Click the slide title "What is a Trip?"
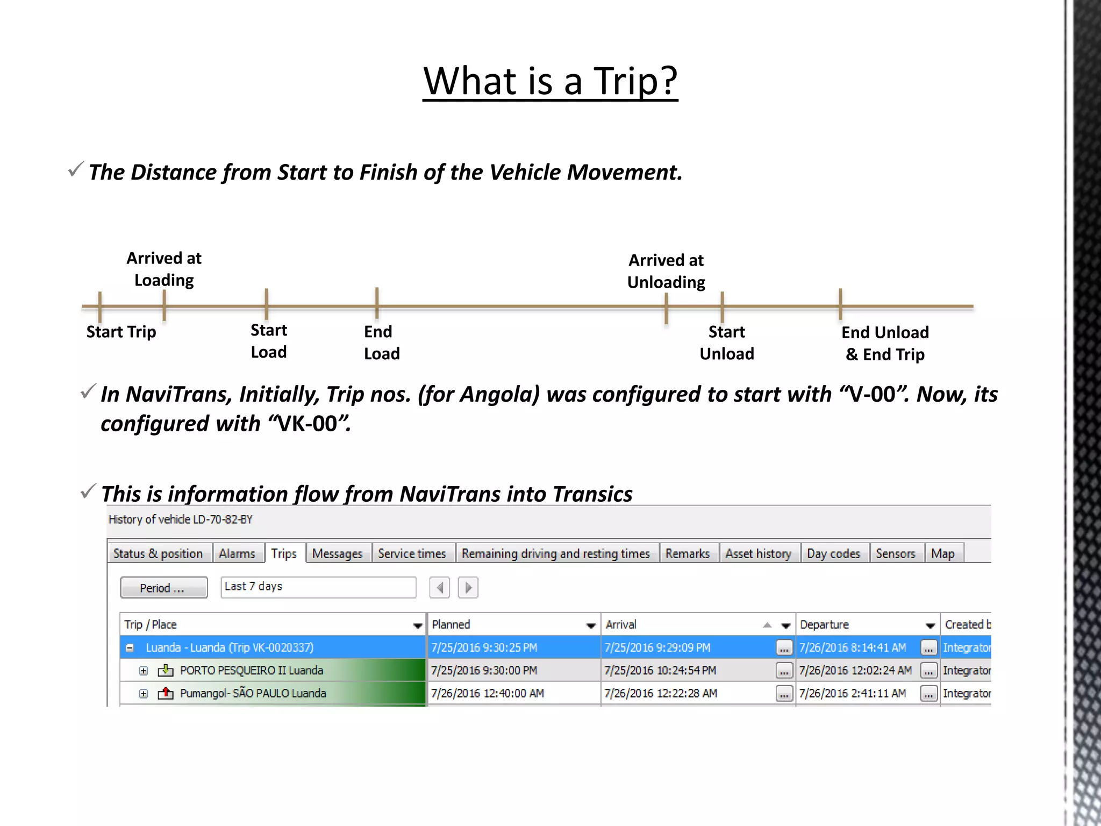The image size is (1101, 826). pyautogui.click(x=550, y=81)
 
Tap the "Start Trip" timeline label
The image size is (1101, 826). pyautogui.click(x=121, y=332)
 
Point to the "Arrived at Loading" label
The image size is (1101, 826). pyautogui.click(x=164, y=269)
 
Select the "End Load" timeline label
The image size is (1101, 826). pyautogui.click(x=382, y=343)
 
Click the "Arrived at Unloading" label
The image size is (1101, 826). pyautogui.click(x=666, y=271)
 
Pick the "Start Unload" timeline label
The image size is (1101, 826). pyautogui.click(x=727, y=343)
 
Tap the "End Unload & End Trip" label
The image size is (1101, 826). pyautogui.click(x=885, y=343)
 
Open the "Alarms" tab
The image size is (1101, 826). pyautogui.click(x=237, y=553)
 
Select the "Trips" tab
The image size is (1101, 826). pyautogui.click(x=284, y=553)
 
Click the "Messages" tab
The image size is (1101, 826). pyautogui.click(x=337, y=553)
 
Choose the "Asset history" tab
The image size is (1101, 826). pyautogui.click(x=758, y=553)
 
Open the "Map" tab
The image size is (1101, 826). pyautogui.click(x=942, y=553)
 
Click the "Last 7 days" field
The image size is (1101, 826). pyautogui.click(x=318, y=587)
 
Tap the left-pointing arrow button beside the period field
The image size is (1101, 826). pyautogui.click(x=440, y=587)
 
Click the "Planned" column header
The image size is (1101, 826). pyautogui.click(x=452, y=624)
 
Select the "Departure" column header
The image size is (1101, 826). pyautogui.click(x=824, y=624)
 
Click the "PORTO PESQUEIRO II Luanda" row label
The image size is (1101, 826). pyautogui.click(x=252, y=671)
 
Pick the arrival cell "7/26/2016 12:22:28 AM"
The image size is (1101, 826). pyautogui.click(x=661, y=693)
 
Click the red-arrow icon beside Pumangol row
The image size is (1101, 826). pyautogui.click(x=166, y=693)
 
